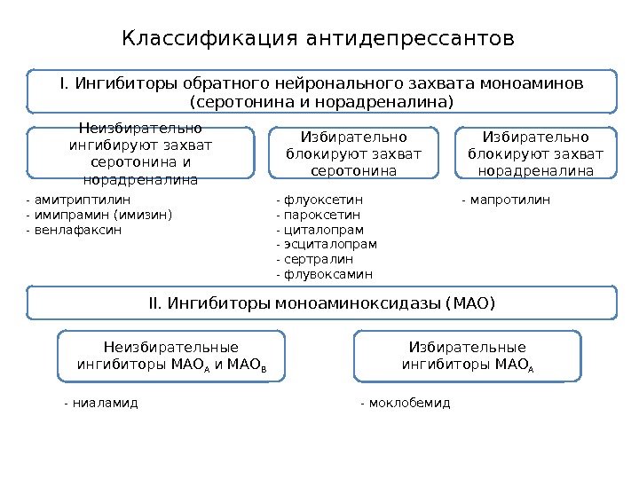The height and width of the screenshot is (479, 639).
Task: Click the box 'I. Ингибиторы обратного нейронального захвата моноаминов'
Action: click(321, 93)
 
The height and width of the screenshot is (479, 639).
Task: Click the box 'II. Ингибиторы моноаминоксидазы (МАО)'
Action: click(321, 303)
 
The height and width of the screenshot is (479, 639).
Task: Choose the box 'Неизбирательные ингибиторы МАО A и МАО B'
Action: click(171, 355)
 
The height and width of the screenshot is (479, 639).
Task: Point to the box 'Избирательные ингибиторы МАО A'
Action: click(467, 355)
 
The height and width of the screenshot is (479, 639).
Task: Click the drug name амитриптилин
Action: click(80, 200)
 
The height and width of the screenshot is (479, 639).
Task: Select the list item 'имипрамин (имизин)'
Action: click(102, 215)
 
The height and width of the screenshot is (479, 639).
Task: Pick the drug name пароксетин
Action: click(321, 215)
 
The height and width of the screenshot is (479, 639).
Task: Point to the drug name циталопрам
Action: click(323, 230)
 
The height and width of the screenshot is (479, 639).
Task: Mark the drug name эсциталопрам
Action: click(329, 244)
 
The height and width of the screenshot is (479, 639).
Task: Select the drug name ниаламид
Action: click(104, 403)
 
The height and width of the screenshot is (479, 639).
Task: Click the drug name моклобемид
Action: click(407, 403)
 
